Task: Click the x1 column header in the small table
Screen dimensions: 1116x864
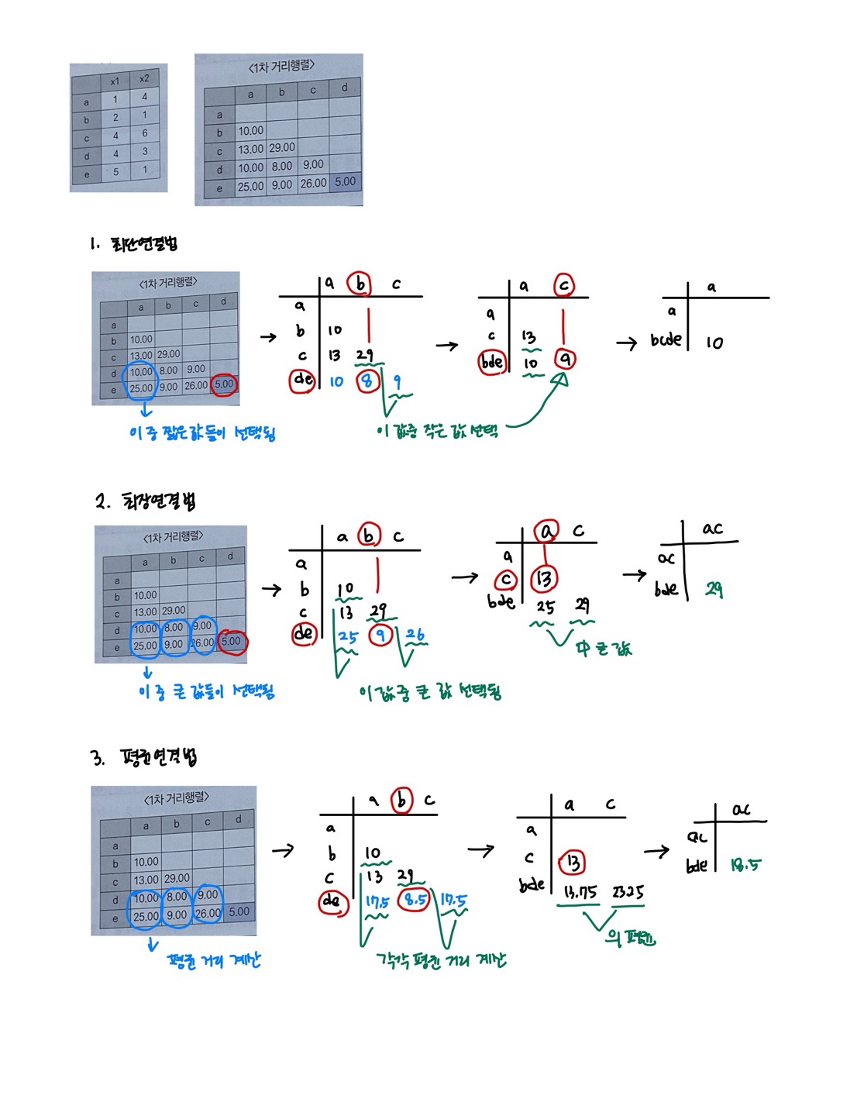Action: (x=115, y=81)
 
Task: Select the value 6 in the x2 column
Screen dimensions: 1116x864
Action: (x=144, y=133)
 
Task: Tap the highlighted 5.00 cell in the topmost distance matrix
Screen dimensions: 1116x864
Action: (x=345, y=182)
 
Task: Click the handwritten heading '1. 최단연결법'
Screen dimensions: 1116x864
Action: (x=133, y=244)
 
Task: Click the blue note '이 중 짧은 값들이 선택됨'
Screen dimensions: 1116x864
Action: (x=202, y=432)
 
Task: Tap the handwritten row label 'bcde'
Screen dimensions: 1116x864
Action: (x=666, y=339)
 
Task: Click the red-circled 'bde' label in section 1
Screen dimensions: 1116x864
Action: (x=492, y=362)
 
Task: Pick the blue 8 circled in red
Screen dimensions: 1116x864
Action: (x=368, y=381)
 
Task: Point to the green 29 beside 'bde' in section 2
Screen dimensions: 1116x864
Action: (x=714, y=590)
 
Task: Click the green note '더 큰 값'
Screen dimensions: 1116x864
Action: (x=604, y=648)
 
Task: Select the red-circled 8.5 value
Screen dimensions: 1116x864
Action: (x=415, y=900)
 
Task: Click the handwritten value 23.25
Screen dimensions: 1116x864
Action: (x=628, y=892)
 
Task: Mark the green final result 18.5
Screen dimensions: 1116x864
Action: (x=745, y=864)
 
